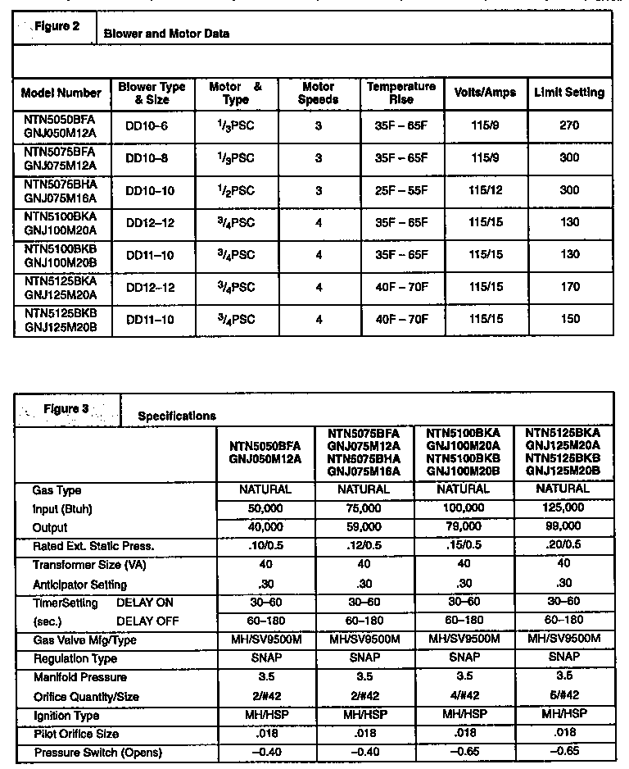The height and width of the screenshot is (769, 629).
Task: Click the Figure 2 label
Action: click(x=57, y=26)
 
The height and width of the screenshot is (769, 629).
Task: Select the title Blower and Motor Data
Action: click(x=166, y=34)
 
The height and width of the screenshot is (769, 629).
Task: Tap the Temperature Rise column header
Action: click(x=401, y=93)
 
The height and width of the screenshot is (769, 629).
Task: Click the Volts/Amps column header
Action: click(x=486, y=93)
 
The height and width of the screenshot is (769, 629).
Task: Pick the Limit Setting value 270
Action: click(x=569, y=125)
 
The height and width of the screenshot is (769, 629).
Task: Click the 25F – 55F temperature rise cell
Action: click(x=401, y=190)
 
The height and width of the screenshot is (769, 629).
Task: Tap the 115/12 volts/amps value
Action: click(x=486, y=190)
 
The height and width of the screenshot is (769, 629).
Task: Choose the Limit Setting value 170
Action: click(x=569, y=287)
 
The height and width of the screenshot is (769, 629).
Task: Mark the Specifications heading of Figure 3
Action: click(x=177, y=416)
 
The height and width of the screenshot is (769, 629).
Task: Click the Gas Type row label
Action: click(x=57, y=490)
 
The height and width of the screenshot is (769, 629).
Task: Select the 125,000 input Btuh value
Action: click(x=563, y=508)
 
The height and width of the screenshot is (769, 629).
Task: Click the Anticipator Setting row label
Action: click(x=79, y=585)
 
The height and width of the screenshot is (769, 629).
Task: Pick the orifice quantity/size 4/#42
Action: click(x=464, y=696)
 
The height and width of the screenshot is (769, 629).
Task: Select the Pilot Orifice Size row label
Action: click(x=76, y=734)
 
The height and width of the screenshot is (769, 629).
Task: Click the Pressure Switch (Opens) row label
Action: click(x=97, y=753)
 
